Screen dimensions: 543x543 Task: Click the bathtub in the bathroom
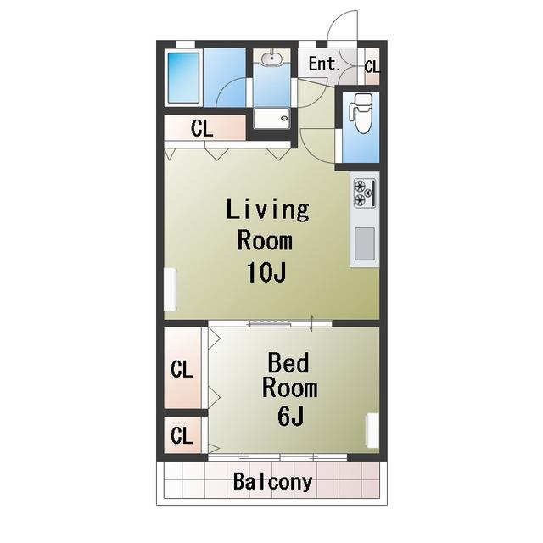[x=183, y=77]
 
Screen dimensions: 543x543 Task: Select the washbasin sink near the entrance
[x=271, y=59]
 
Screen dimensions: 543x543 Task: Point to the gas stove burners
[x=364, y=193]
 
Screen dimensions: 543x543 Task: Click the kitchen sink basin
[x=365, y=244]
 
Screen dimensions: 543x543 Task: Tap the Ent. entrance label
[x=325, y=64]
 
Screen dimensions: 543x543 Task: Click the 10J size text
[x=266, y=272]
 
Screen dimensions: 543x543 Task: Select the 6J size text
[x=290, y=416]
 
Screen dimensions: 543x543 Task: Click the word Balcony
[x=273, y=482]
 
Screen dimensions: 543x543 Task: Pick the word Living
[x=268, y=210]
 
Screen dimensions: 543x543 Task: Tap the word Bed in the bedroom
[x=288, y=362]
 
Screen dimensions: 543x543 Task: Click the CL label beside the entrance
[x=372, y=66]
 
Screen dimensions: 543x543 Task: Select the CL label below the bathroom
[x=202, y=128]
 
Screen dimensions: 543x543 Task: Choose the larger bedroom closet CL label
[x=182, y=369]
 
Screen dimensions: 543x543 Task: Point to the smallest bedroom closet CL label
[x=182, y=435]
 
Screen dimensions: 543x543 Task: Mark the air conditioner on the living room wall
[x=170, y=289]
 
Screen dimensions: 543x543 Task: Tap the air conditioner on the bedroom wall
[x=372, y=430]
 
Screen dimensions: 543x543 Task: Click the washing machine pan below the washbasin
[x=271, y=118]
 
